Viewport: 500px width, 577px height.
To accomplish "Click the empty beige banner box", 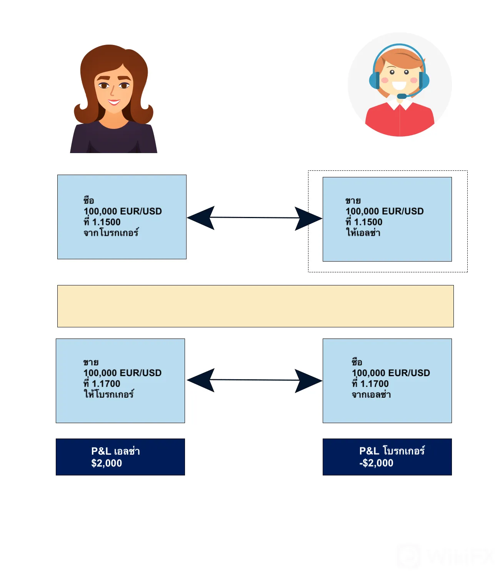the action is (255, 306).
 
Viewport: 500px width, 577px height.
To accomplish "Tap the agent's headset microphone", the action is (402, 96).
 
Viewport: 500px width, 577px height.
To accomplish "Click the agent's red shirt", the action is (400, 120).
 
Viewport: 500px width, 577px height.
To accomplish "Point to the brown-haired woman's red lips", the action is (114, 102).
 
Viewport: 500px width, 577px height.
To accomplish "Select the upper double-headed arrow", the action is (254, 218).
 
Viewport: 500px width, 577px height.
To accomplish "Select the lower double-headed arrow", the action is (254, 380).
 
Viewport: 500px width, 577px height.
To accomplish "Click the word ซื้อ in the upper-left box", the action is (89, 200).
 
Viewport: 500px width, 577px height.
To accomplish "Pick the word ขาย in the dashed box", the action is (353, 201).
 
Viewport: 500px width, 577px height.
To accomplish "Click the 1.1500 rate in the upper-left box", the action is (106, 222).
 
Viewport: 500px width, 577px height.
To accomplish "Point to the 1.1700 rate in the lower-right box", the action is (374, 384).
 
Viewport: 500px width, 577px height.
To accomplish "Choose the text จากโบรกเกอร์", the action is (111, 232).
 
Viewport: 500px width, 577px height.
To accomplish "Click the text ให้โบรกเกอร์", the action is (108, 394).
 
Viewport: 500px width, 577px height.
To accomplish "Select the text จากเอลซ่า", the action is (371, 394).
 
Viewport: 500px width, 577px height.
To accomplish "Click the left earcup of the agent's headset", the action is (374, 80).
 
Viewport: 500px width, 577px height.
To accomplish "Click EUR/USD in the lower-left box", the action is (140, 373).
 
